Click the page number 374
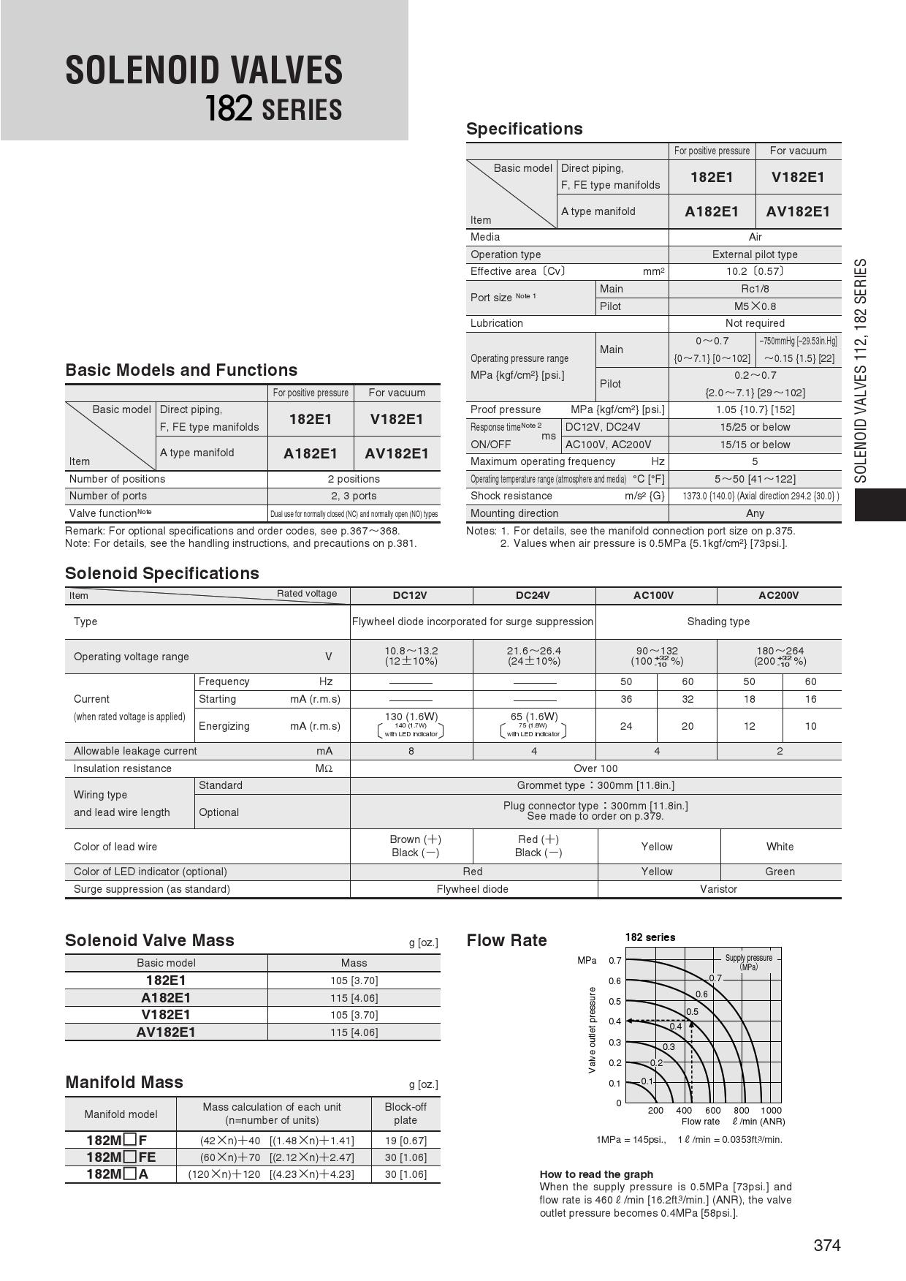pos(826,1245)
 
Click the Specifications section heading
pos(524,129)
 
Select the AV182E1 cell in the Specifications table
pos(798,212)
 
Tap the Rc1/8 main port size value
pos(755,289)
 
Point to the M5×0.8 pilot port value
pos(755,306)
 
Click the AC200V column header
pos(778,595)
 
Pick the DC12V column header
pos(410,595)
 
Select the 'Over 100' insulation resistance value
pos(595,768)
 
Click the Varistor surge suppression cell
pos(718,889)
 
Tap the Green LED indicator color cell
pos(780,872)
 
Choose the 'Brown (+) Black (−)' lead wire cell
pos(415,846)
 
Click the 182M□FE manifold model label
pos(121,1157)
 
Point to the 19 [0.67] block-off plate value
pos(406,1141)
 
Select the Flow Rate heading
pos(506,940)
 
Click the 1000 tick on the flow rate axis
pos(770,1110)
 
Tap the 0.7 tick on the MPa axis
pos(614,961)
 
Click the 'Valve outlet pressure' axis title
pos(592,1029)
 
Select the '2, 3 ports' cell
pos(354,496)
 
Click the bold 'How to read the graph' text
pos(596,1174)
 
